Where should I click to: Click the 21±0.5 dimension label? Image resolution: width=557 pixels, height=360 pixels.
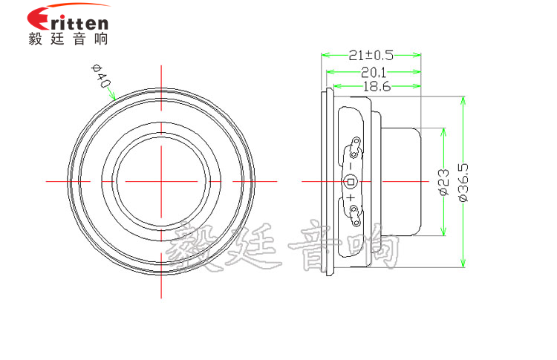(x=371, y=55)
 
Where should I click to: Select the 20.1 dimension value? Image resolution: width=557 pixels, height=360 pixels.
(x=374, y=72)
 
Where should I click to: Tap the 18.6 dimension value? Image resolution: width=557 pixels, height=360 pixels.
(x=377, y=86)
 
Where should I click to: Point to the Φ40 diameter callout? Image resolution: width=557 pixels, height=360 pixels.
(x=101, y=76)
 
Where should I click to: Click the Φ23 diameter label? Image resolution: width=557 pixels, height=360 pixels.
(x=444, y=182)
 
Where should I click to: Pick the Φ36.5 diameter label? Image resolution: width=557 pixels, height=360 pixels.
(x=463, y=183)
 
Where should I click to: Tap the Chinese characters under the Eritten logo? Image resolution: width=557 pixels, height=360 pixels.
(x=68, y=39)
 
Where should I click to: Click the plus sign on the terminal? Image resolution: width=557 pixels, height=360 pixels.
(x=351, y=197)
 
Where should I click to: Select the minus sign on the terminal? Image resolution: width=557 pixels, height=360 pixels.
(x=351, y=166)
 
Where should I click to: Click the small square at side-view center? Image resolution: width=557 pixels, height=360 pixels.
(x=351, y=182)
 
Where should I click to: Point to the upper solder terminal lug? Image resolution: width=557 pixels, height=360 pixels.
(x=354, y=147)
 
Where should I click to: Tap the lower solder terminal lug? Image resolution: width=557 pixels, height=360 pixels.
(x=355, y=216)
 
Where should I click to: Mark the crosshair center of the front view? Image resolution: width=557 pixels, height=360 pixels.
(x=161, y=182)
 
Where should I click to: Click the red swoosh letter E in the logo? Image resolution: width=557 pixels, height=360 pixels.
(x=39, y=19)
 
